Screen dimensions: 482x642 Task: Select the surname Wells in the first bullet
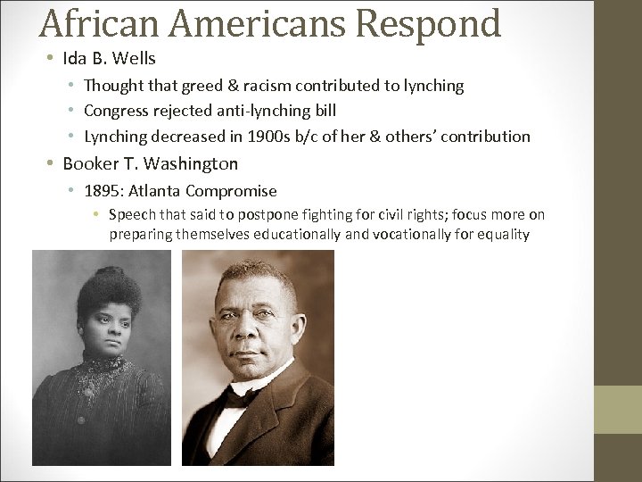tap(134, 59)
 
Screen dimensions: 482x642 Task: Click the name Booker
tap(91, 163)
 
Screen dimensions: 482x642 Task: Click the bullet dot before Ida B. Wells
tap(51, 60)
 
